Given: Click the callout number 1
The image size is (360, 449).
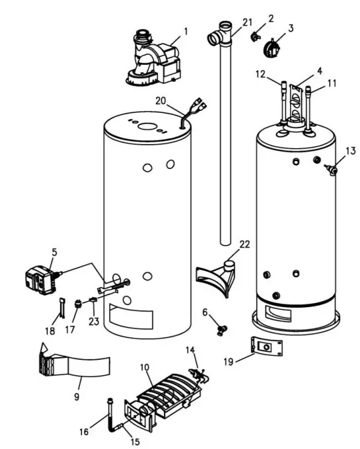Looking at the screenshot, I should [x=185, y=31].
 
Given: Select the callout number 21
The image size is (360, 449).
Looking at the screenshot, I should [x=248, y=22].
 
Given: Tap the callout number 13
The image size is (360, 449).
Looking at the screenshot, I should [x=350, y=151].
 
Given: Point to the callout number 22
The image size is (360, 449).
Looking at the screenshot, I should [x=244, y=244].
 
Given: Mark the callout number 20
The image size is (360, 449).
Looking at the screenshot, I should [x=160, y=100].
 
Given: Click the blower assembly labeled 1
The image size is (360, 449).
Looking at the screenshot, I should [x=156, y=61].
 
